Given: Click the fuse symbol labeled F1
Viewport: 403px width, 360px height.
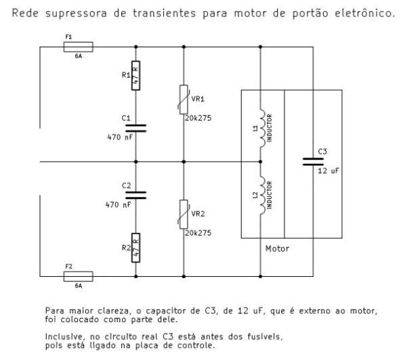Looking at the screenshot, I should [x=77, y=47].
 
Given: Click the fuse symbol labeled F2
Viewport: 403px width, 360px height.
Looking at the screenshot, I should [x=77, y=276].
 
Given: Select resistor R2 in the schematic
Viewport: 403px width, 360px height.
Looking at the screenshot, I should [x=135, y=248].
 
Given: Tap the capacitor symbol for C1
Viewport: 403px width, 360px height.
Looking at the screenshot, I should [x=136, y=127].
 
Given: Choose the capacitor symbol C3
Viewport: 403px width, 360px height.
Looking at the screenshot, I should [x=312, y=161].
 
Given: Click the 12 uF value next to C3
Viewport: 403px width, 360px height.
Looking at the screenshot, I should [x=328, y=171].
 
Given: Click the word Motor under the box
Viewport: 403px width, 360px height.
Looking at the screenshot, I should [x=276, y=248].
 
